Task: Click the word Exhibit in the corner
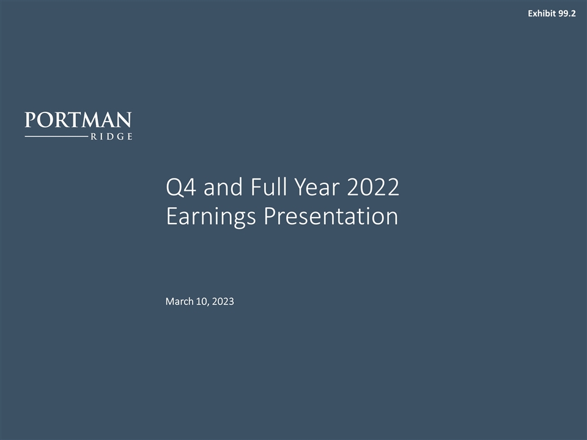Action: (x=541, y=13)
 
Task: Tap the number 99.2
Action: (x=567, y=13)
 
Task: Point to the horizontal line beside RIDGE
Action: (x=55, y=137)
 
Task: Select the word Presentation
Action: (x=331, y=217)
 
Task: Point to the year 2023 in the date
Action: (x=223, y=301)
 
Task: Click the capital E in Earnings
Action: (x=171, y=217)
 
